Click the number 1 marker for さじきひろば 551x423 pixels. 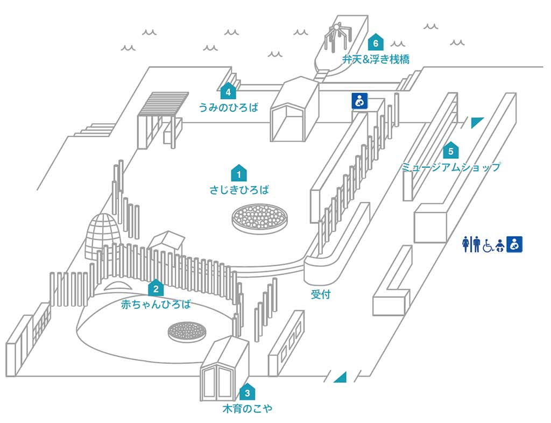tap(238, 173)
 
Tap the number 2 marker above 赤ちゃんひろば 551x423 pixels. tap(156, 288)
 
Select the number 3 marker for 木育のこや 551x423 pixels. tap(246, 392)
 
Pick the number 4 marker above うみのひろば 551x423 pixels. tap(228, 91)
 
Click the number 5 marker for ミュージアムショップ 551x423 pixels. tap(451, 150)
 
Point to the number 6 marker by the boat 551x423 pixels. tap(376, 42)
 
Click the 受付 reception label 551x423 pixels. tap(320, 294)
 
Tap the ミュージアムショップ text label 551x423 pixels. tap(451, 167)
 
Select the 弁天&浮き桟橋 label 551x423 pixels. tap(376, 59)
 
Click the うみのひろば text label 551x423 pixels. tap(228, 107)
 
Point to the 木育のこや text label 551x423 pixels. tap(247, 408)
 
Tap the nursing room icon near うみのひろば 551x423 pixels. tap(359, 101)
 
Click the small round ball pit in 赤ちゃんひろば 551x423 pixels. tap(186, 330)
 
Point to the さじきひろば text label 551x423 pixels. tap(238, 189)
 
